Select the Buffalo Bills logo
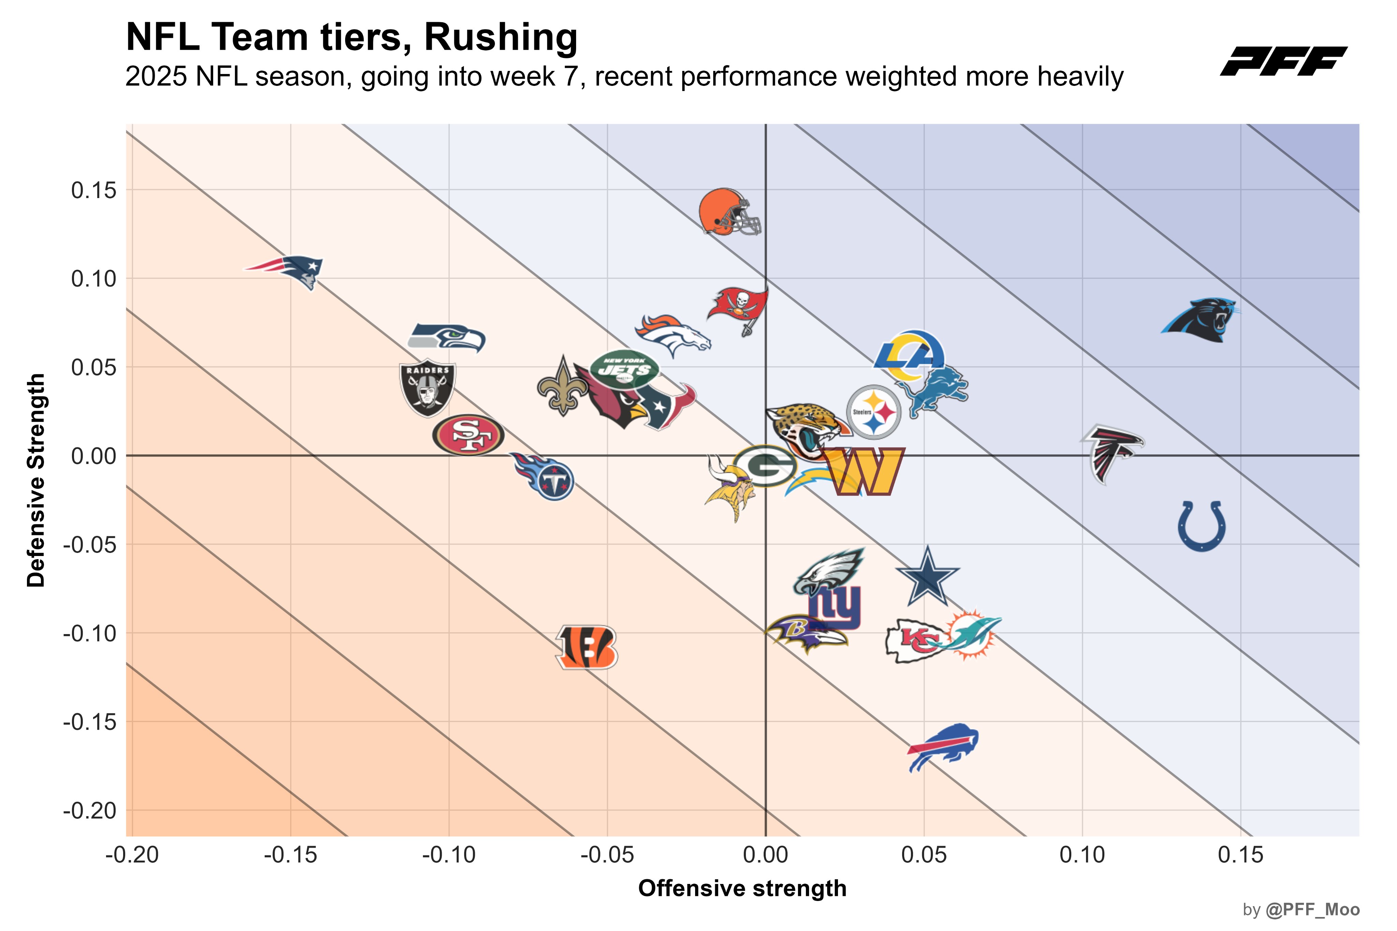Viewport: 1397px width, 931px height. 943,746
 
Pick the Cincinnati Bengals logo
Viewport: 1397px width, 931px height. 587,647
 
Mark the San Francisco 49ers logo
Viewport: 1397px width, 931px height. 468,435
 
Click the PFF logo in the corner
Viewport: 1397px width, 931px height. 1283,61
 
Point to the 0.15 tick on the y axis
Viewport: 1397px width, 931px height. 94,191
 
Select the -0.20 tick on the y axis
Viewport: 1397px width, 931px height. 90,810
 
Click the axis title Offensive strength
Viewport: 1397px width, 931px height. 742,889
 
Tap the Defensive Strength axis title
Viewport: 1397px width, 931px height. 36,480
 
